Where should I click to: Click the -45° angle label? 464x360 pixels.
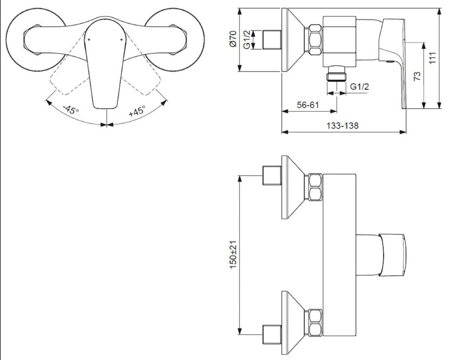point(71,110)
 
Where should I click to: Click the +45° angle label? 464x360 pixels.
point(137,111)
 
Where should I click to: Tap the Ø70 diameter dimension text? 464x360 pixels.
point(233,39)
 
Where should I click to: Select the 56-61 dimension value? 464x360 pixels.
point(308,105)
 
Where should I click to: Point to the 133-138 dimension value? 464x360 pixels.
point(342,126)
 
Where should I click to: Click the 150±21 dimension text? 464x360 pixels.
point(233,254)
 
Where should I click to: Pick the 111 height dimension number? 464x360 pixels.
point(432,58)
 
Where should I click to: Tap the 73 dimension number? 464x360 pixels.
point(417,77)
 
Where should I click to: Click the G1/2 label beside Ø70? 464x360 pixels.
point(247,39)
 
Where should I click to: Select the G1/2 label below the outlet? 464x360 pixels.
point(360,87)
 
